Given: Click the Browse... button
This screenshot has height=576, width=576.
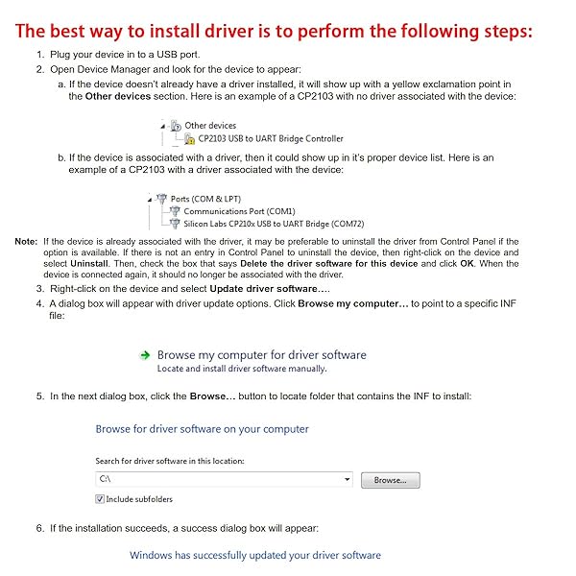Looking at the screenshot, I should (390, 479).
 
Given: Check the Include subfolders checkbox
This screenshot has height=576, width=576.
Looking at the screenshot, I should (100, 499).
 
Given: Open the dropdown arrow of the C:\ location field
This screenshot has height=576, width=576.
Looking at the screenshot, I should (347, 479).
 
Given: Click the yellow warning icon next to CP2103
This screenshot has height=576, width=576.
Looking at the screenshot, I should (177, 139).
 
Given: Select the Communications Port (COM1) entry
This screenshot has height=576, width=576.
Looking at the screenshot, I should (239, 211).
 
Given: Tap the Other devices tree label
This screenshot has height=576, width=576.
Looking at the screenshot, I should (210, 126).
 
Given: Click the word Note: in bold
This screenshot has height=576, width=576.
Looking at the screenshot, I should (27, 241).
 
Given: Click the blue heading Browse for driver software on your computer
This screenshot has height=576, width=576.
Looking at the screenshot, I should (203, 429).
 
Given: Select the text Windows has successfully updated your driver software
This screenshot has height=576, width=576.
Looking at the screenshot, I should (255, 555).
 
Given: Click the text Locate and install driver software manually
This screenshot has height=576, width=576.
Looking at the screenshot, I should (242, 369).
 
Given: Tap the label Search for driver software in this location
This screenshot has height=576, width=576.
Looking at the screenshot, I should (170, 462).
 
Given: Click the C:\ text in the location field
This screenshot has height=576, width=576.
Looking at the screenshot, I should (106, 479).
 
